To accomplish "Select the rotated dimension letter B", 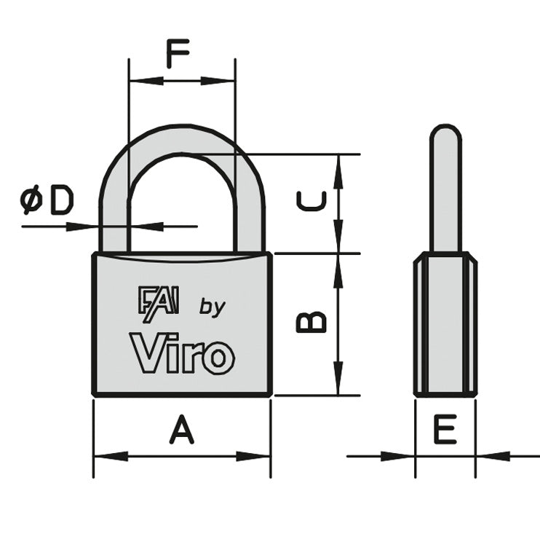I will [x=312, y=321].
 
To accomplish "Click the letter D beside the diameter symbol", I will [x=61, y=200].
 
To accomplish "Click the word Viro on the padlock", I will [x=182, y=353].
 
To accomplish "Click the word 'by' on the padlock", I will [x=213, y=307].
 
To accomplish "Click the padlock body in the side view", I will [x=445, y=324].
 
